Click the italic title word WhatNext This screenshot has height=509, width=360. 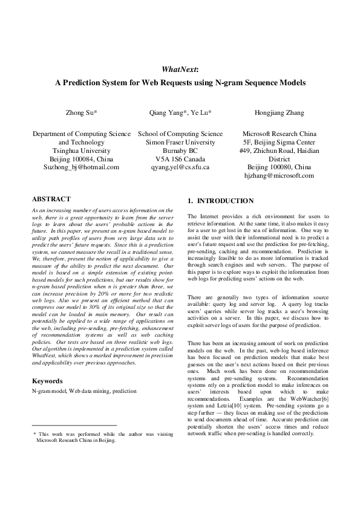pos(180,70)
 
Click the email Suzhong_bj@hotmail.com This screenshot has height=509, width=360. pos(81,167)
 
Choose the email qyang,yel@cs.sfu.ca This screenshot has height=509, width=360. pos(180,167)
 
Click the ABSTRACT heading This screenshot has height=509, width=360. pos(51,199)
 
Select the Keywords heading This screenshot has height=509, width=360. pos(48,381)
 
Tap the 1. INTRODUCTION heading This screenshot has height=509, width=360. pos(221,201)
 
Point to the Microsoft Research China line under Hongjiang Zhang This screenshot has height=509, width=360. pos(279,133)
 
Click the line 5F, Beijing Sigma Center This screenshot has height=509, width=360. pos(279,141)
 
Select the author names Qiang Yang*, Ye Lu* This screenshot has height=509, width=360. pos(180,113)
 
